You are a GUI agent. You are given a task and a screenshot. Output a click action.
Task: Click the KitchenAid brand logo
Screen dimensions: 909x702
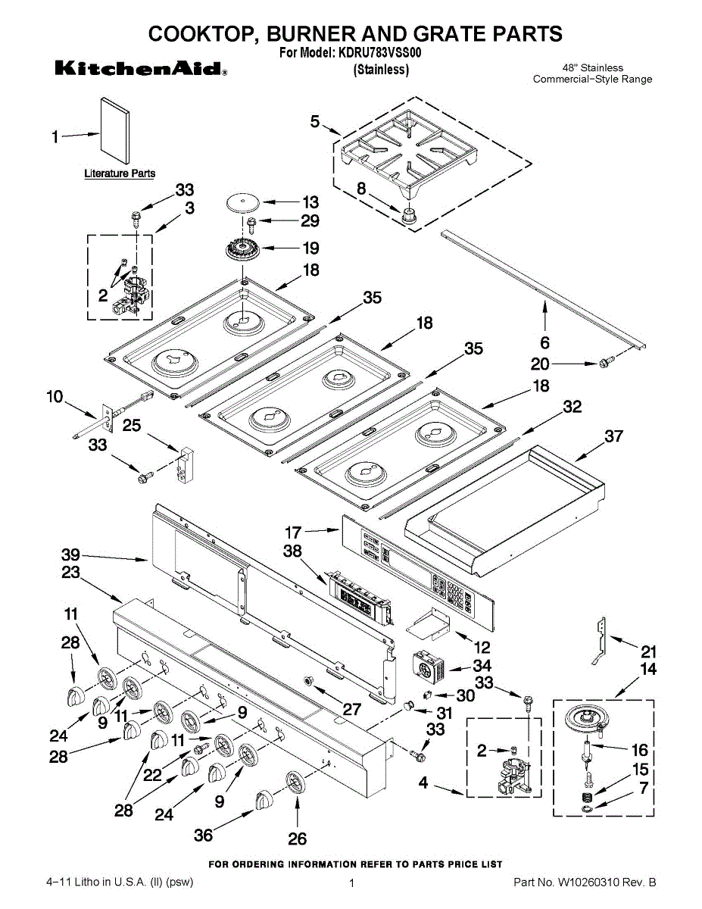click(x=141, y=69)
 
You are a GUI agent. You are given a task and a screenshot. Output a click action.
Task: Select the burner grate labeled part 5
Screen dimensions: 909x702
click(x=409, y=155)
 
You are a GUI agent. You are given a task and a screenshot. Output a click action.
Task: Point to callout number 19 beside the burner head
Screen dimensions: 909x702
click(x=310, y=248)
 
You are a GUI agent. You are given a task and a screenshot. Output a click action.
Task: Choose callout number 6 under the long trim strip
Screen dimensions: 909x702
click(x=544, y=342)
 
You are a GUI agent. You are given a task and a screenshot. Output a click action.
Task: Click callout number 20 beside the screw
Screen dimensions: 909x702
click(x=540, y=364)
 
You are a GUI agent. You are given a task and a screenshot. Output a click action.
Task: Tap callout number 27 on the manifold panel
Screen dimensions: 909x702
click(x=351, y=710)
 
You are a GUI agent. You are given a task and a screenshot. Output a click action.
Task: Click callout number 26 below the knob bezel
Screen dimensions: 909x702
click(x=298, y=839)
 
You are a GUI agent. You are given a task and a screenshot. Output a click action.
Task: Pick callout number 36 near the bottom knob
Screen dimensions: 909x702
click(x=203, y=835)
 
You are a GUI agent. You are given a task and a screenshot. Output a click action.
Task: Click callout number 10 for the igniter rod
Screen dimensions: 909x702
click(x=55, y=396)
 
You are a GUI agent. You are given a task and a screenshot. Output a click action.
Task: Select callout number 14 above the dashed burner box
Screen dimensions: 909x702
click(x=648, y=670)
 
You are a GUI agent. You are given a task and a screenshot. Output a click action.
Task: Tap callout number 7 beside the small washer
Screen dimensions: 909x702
click(x=643, y=788)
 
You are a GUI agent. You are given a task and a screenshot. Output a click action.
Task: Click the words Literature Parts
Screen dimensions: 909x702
click(x=120, y=173)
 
